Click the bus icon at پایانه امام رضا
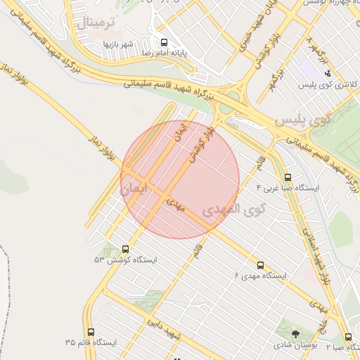point(164,42)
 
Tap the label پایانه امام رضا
point(164,53)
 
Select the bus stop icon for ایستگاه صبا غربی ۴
point(287,178)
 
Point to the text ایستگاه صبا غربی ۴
point(288,188)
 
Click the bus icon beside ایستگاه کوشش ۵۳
point(125,249)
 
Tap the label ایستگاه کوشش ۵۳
point(126,259)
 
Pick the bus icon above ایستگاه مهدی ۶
point(260,265)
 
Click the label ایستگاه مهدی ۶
point(261,276)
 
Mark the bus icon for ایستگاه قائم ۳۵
point(91,332)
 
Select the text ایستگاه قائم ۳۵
point(91,342)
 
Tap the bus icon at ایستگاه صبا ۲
point(349,337)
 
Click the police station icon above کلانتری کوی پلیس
point(327,73)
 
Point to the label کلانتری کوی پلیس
point(326,84)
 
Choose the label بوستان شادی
point(295,345)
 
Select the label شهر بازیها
point(118,44)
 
